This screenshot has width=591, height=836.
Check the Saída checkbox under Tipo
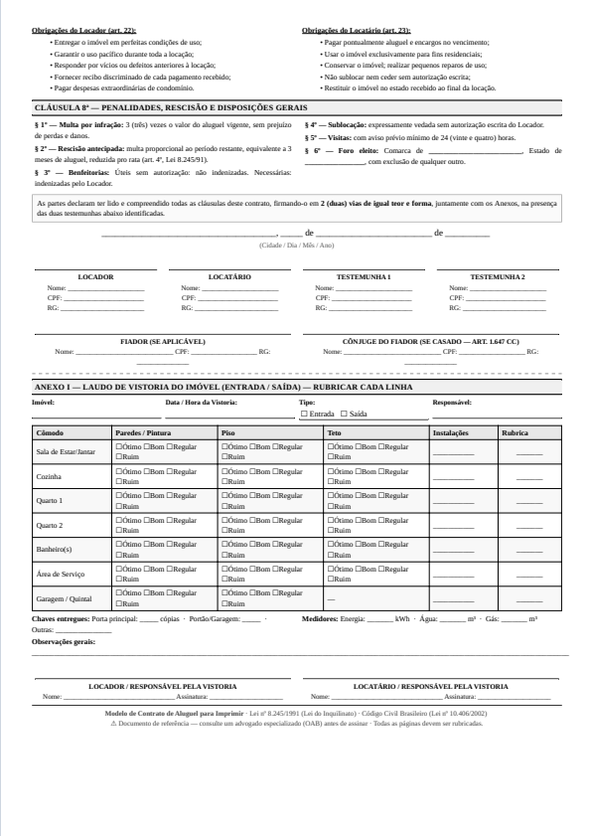click(344, 413)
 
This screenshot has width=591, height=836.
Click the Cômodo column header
click(49, 433)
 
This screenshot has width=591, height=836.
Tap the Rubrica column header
click(515, 433)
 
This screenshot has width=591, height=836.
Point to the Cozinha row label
click(49, 477)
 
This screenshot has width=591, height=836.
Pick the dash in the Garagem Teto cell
click(330, 599)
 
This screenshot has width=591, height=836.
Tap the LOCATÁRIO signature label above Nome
click(229, 276)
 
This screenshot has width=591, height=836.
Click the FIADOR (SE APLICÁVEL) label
click(163, 341)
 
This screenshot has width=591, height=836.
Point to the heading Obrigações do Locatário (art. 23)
click(356, 31)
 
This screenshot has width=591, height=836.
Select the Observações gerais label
click(64, 642)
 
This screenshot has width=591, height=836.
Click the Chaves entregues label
click(61, 618)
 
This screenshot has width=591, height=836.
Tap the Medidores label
click(319, 618)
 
